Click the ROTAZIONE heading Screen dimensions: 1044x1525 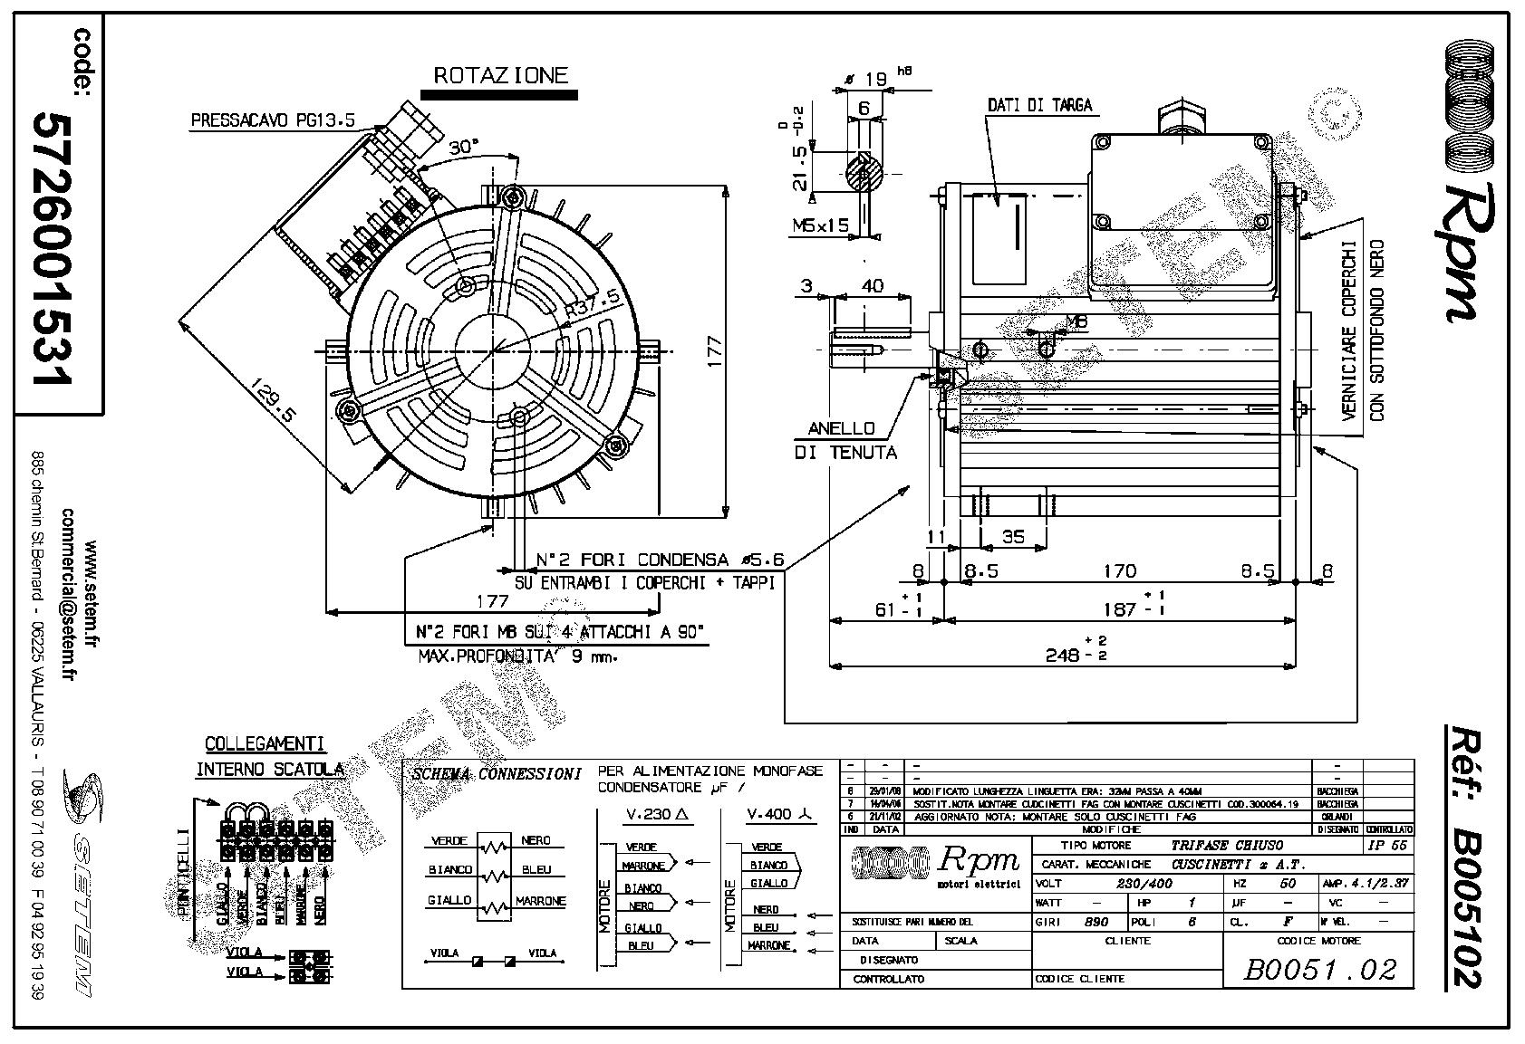tap(500, 75)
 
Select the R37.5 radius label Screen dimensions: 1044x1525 tap(593, 302)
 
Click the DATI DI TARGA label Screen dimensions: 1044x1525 tap(1039, 106)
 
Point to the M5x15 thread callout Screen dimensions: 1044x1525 tap(819, 225)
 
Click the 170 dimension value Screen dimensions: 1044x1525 tap(1119, 571)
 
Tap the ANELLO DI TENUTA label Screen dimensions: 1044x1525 tap(845, 440)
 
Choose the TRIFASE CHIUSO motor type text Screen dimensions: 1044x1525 tap(1227, 845)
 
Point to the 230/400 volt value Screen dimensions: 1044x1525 tap(1144, 884)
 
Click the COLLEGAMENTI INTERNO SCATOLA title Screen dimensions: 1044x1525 tap(265, 757)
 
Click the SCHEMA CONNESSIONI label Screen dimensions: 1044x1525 tap(496, 775)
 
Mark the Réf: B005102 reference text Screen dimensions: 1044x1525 tap(1462, 854)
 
